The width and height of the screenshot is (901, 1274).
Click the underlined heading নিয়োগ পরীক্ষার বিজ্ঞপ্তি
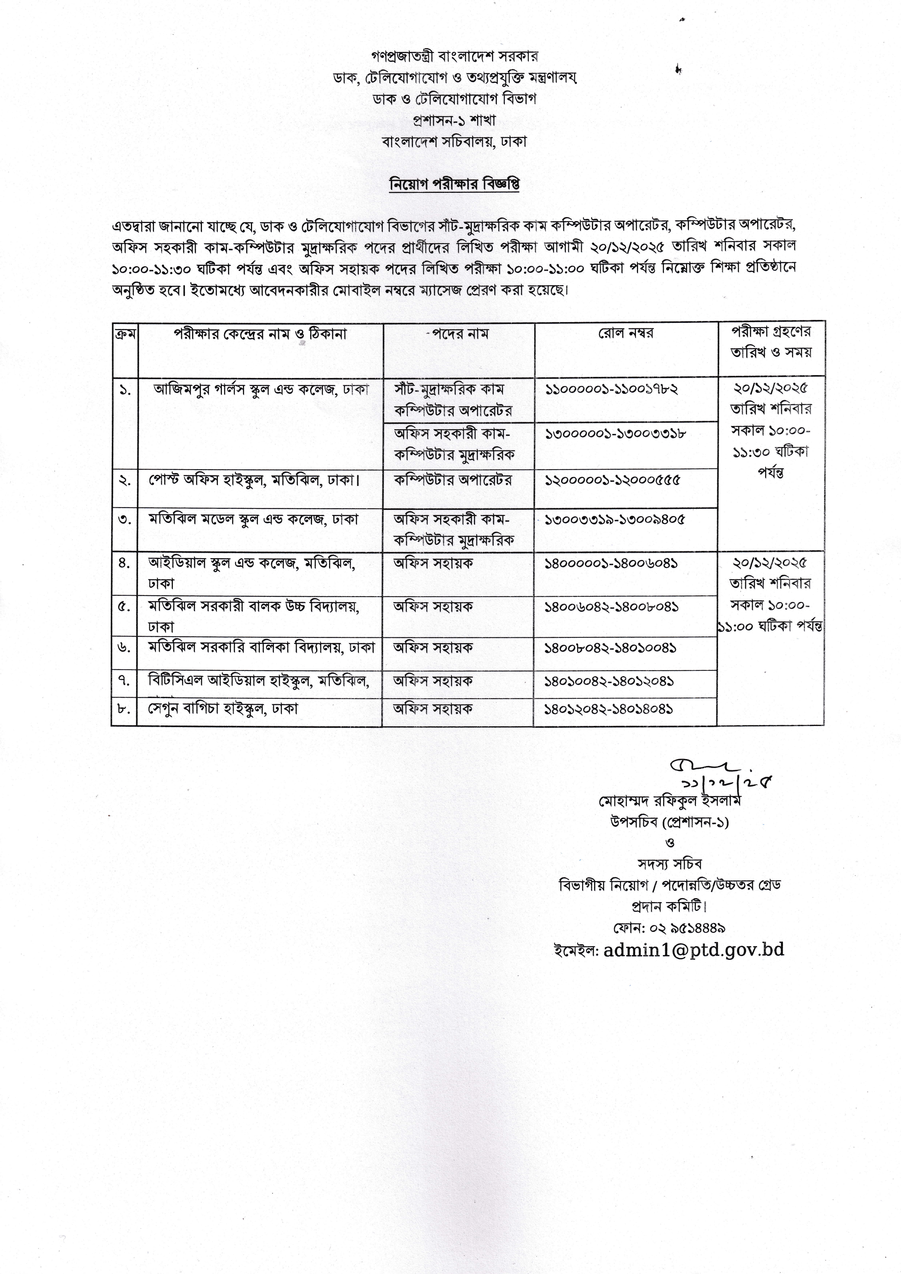pyautogui.click(x=454, y=184)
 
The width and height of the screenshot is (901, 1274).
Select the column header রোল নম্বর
pyautogui.click(x=625, y=333)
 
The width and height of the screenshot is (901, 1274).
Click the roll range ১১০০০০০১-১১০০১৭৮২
pyautogui.click(x=612, y=389)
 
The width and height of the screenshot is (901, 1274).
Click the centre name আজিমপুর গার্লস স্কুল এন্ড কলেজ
pyautogui.click(x=261, y=389)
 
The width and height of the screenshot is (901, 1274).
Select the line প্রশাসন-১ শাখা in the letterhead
pyautogui.click(x=454, y=120)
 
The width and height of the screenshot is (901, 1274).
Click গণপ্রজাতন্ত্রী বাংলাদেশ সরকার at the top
pyautogui.click(x=454, y=56)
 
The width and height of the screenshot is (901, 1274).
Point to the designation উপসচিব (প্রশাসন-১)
pyautogui.click(x=670, y=822)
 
